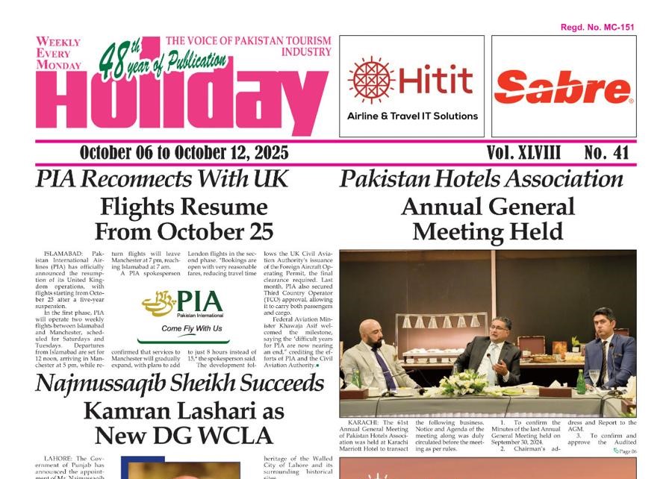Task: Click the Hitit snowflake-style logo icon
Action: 371,81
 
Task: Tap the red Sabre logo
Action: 564,89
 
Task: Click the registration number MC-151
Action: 597,28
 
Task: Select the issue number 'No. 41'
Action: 607,153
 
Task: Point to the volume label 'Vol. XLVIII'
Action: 523,153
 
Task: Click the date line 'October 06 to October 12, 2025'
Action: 184,153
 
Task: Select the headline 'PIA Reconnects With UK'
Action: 161,179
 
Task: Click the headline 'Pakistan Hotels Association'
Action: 481,179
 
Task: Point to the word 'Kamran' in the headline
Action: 120,410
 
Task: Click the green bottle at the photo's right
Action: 581,381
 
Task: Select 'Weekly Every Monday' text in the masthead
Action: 58,54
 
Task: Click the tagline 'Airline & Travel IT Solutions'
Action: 412,116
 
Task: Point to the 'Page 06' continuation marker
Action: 625,451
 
